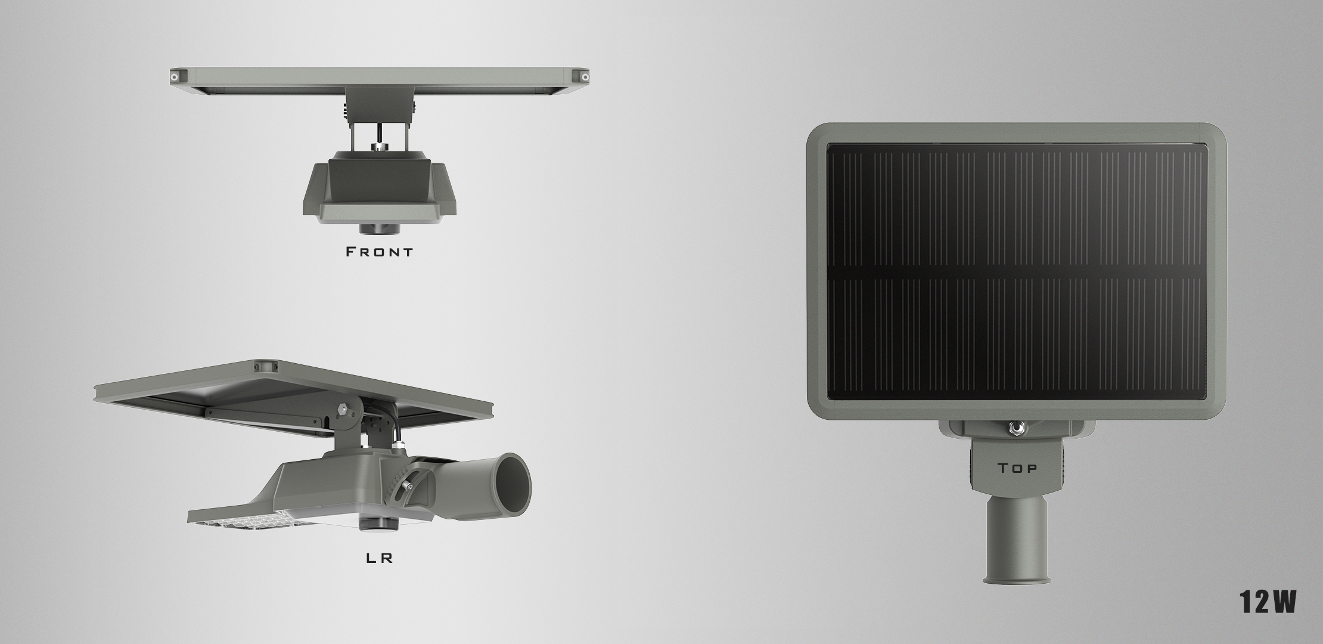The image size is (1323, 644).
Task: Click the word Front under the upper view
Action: click(x=380, y=252)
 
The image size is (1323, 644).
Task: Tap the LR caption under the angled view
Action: click(x=379, y=559)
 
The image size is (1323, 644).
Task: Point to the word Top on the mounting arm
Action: click(x=1017, y=468)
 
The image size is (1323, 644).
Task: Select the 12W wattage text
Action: click(x=1268, y=602)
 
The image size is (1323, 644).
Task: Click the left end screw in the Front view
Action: click(x=175, y=77)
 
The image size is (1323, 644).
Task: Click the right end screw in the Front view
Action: click(x=585, y=77)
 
